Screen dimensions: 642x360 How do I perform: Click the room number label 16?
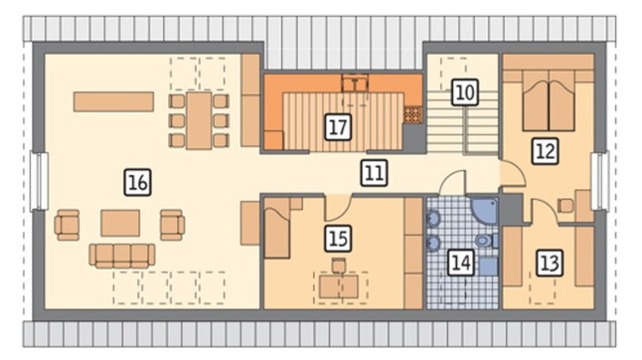tap(137, 182)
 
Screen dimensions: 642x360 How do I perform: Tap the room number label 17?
tap(338, 127)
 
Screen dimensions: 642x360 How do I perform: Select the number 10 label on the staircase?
tap(465, 92)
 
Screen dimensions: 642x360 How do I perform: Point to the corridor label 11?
tap(375, 173)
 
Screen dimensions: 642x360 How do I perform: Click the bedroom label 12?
tap(546, 151)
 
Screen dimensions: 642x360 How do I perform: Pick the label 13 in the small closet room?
tap(549, 263)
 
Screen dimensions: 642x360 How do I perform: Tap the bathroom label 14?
tap(461, 263)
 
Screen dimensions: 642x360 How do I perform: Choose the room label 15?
tap(338, 239)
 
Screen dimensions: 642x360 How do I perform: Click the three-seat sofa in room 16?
tap(122, 256)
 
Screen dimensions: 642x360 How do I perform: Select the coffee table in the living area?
tap(120, 223)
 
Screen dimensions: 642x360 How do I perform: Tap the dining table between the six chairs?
tap(199, 120)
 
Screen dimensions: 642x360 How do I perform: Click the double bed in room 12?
tap(549, 100)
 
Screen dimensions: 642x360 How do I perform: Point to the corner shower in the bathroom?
tap(486, 210)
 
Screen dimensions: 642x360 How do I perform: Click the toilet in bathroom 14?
tap(487, 241)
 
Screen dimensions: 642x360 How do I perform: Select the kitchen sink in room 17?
tap(355, 84)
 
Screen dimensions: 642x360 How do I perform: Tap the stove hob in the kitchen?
tap(412, 114)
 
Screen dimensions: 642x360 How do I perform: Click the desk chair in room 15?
tap(339, 266)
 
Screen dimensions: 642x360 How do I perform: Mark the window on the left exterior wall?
tap(40, 181)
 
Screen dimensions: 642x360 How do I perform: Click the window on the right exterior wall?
tap(600, 180)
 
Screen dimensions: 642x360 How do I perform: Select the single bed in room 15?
tap(277, 228)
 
